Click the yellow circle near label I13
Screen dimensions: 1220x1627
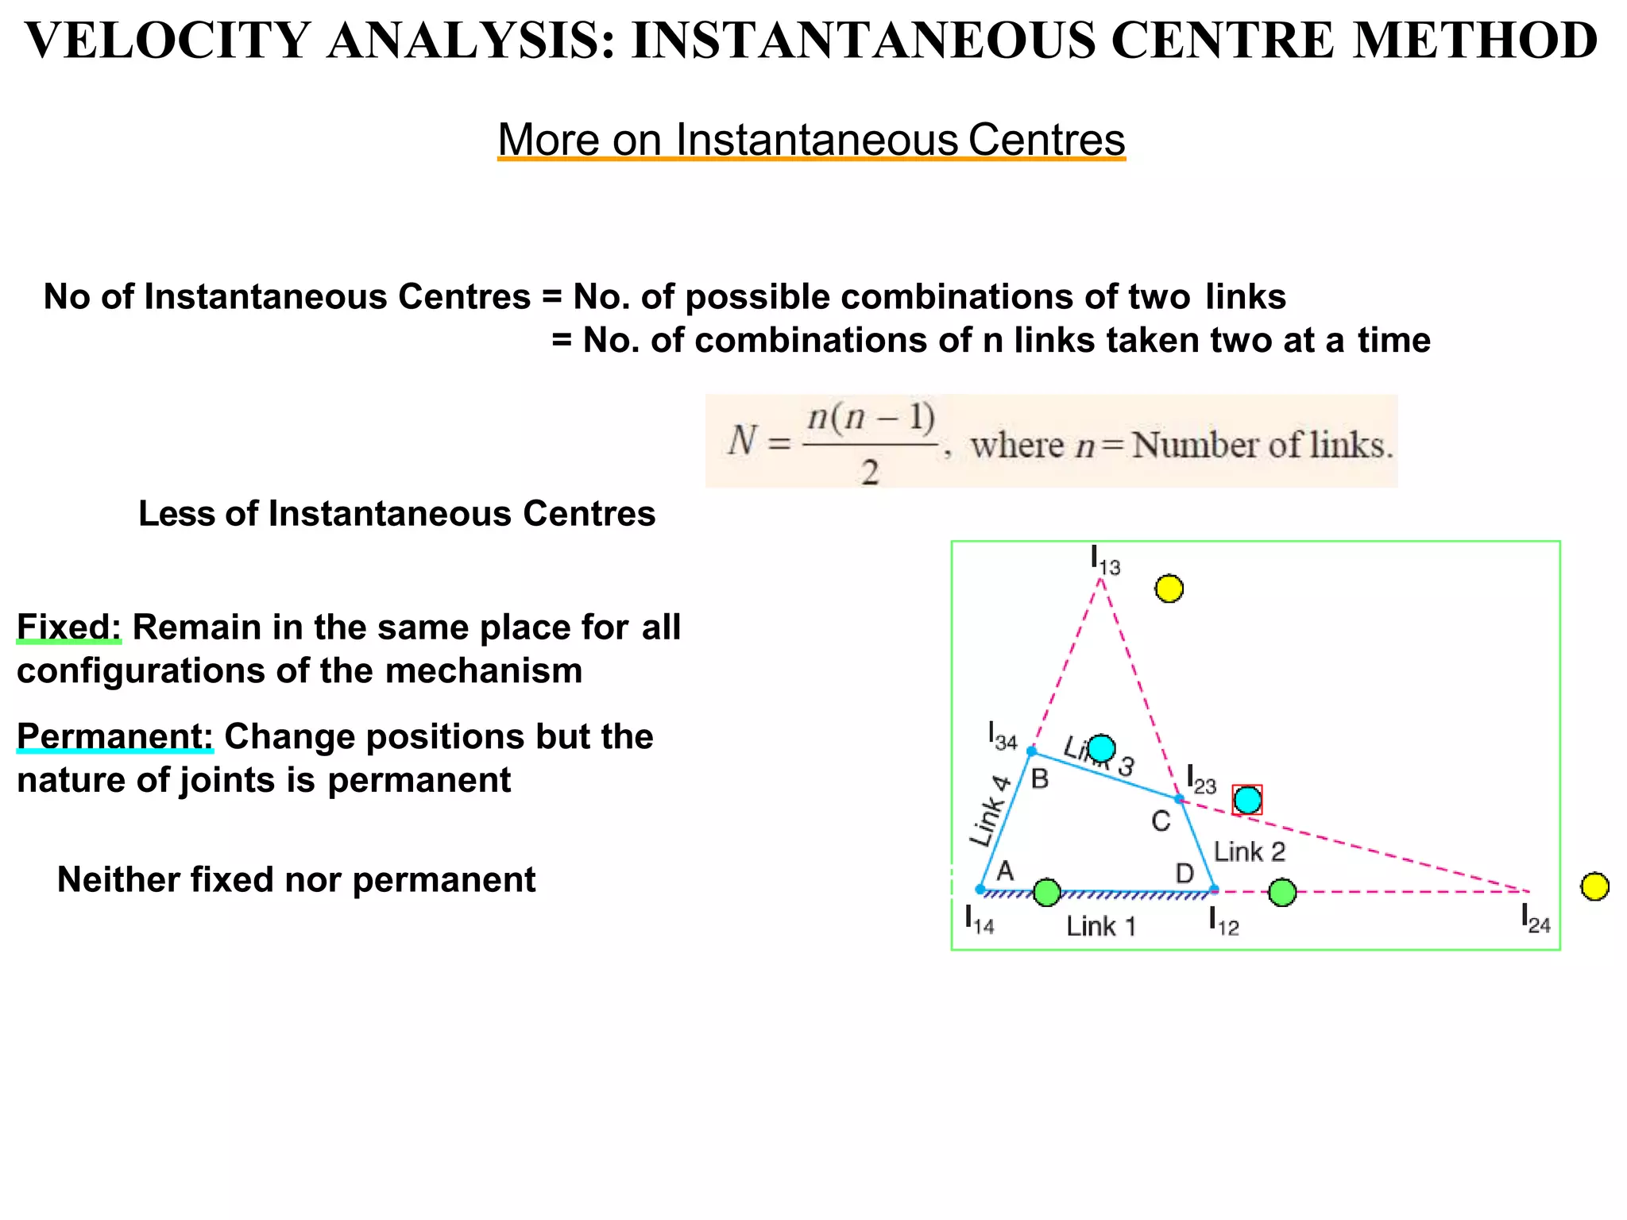tap(1169, 589)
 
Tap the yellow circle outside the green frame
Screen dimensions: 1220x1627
tap(1594, 886)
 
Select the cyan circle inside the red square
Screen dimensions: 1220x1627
tap(1247, 800)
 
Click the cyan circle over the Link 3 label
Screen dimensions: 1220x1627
tap(1101, 747)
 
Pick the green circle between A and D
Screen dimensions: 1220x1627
tap(1047, 892)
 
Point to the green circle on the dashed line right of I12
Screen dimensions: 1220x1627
tap(1282, 892)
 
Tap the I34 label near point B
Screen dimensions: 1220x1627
tap(1003, 736)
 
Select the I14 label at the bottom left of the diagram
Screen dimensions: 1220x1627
tap(979, 920)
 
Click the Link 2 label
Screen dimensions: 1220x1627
tap(1249, 852)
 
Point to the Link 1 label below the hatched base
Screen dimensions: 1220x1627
tap(1100, 926)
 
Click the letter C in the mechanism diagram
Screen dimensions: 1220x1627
tap(1161, 821)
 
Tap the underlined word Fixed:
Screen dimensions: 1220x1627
tap(69, 627)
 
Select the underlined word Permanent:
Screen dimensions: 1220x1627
tap(114, 736)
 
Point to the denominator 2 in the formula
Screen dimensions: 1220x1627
tap(870, 473)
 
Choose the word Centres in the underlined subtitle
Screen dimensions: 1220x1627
tap(1046, 140)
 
